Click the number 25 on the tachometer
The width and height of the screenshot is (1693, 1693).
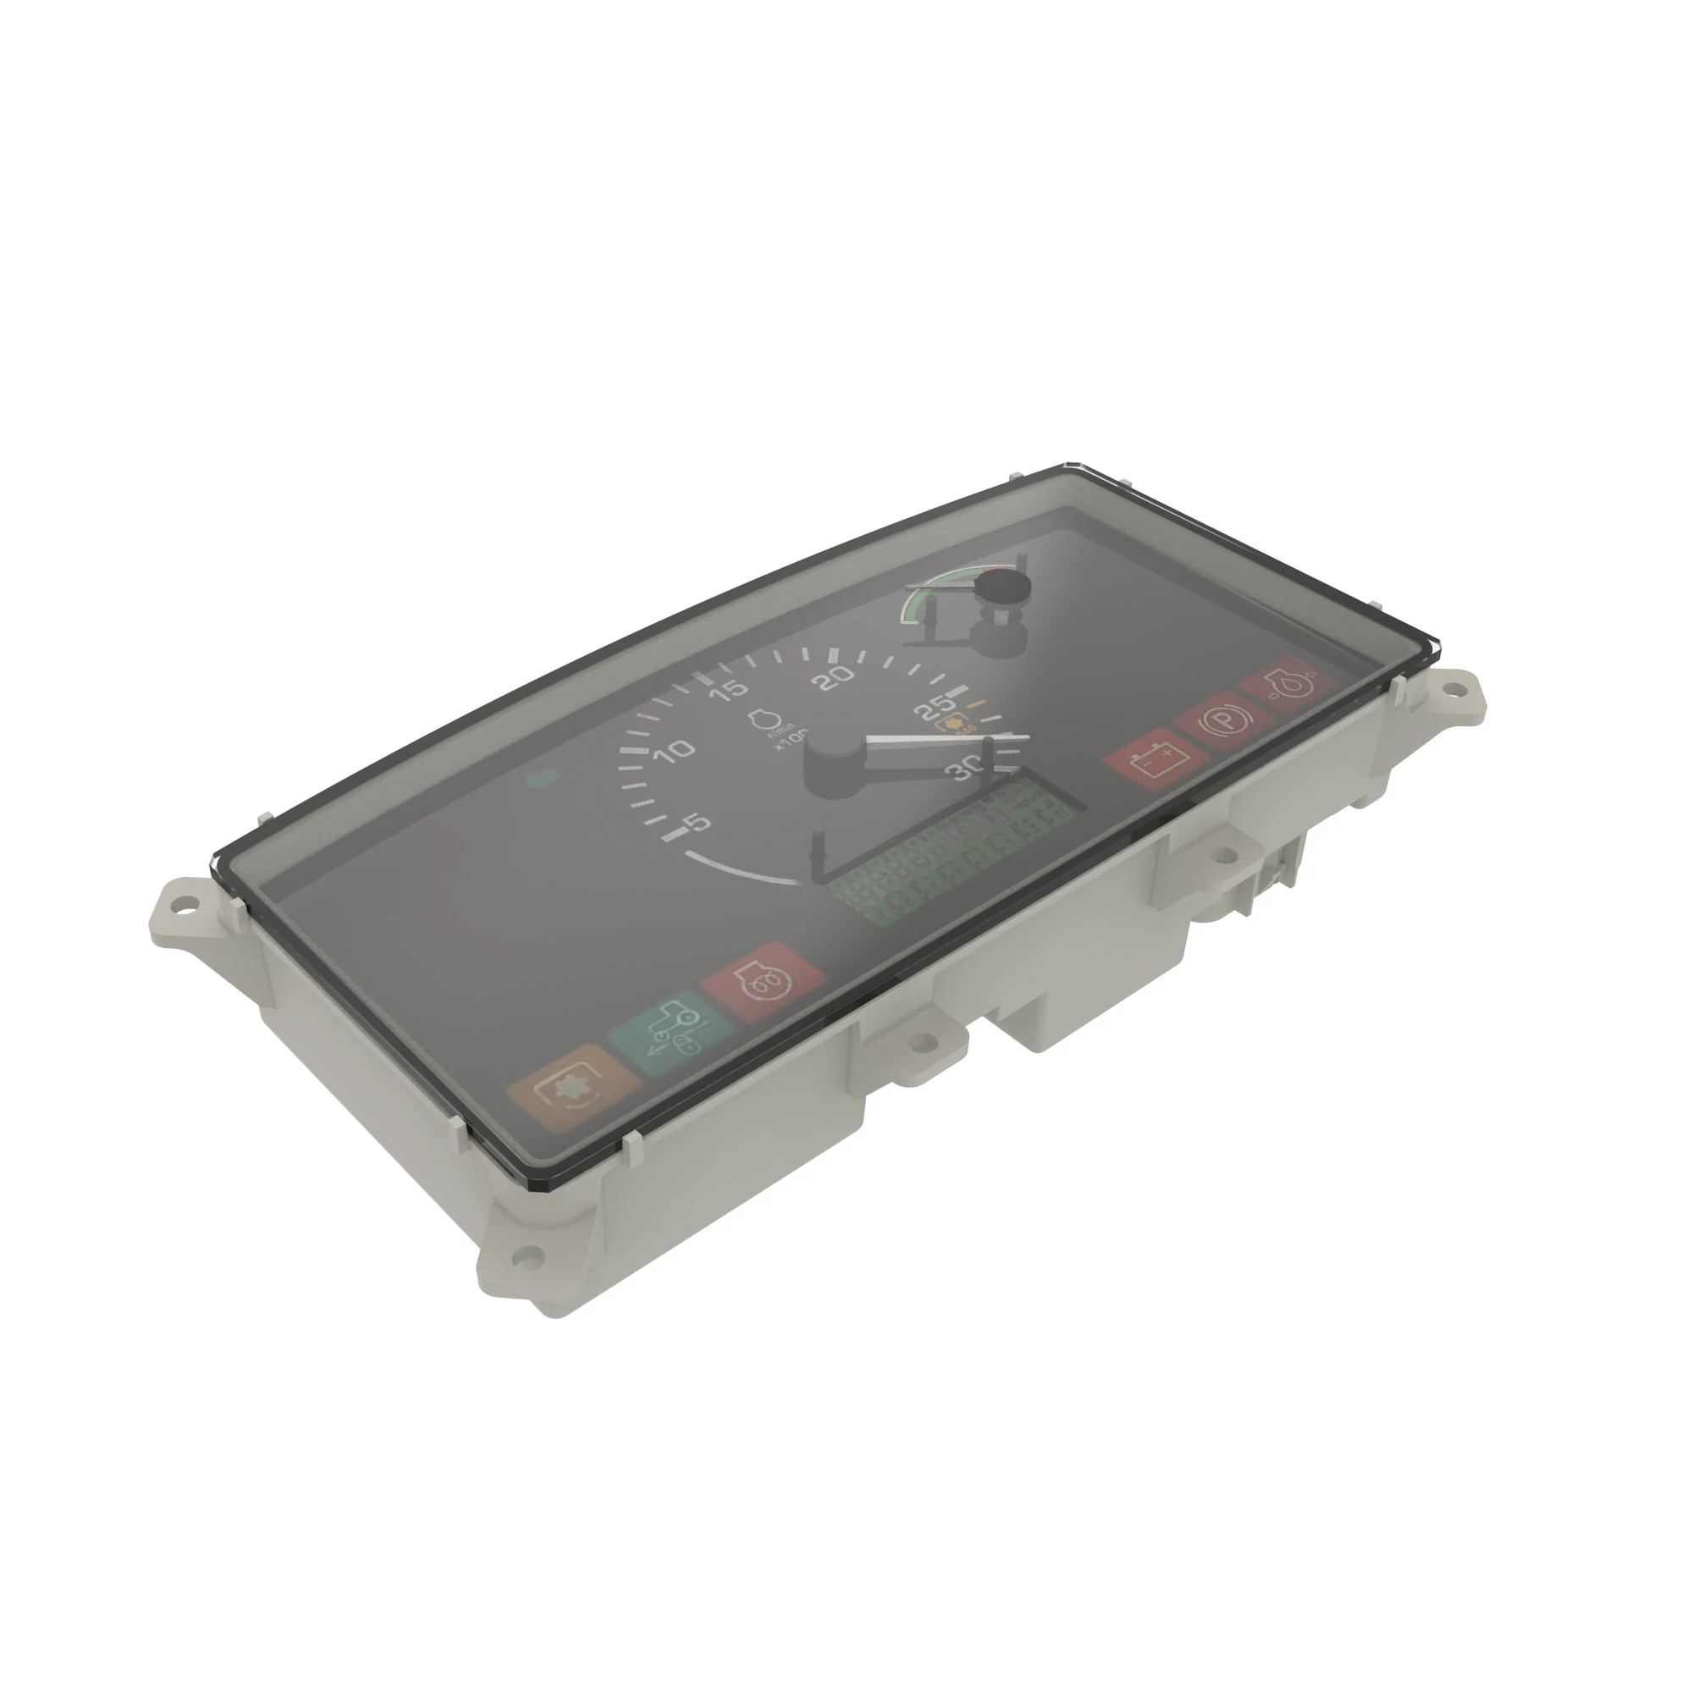(x=936, y=706)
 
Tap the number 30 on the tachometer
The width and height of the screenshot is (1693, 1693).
(x=966, y=769)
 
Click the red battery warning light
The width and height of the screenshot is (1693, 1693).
(x=1149, y=758)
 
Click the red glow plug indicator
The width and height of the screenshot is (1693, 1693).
(x=764, y=981)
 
